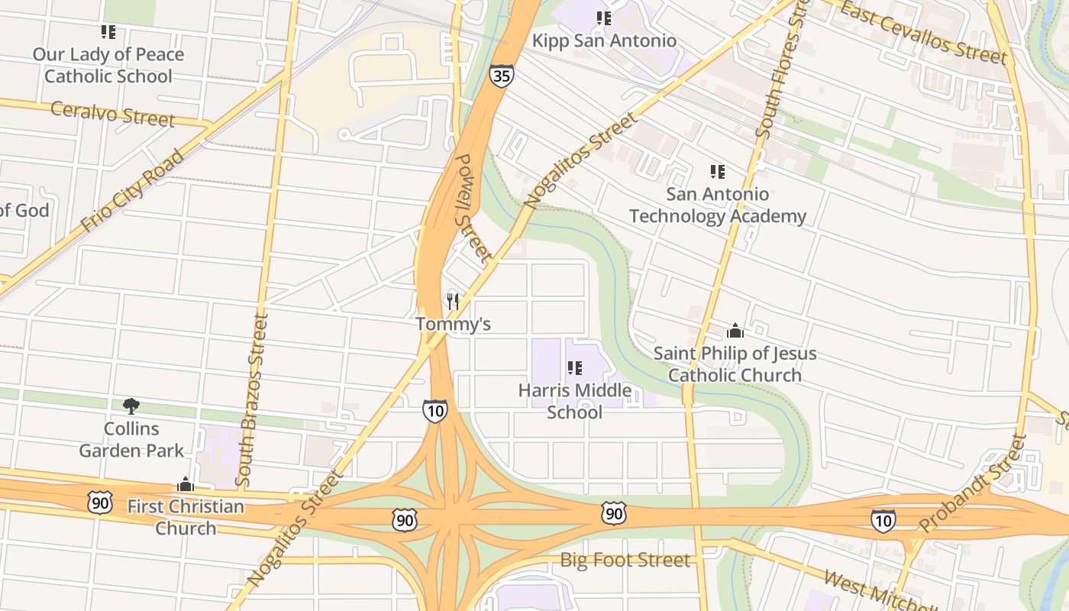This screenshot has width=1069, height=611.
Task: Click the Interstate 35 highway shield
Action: pos(502,75)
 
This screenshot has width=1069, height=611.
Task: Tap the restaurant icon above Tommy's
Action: pos(453,302)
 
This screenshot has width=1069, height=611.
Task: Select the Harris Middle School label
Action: pos(575,401)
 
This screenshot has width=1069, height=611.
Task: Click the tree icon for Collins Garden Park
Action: pos(131,406)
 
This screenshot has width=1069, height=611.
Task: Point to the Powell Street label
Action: pos(470,206)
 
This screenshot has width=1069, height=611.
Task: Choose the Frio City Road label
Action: pos(133,191)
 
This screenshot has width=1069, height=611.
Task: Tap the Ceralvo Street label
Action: pos(112,114)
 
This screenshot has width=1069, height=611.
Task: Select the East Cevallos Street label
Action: pos(923,33)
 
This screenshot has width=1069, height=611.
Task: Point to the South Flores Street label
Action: pos(779,73)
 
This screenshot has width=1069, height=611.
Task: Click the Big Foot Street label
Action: pos(625,560)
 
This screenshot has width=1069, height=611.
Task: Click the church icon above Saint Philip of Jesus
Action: pos(735,331)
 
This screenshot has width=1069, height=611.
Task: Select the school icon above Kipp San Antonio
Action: pos(604,18)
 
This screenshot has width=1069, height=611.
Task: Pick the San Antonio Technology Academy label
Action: pos(717,205)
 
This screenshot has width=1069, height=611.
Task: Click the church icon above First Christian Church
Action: pos(186,484)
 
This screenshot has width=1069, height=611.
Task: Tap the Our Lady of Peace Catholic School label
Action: pos(108,65)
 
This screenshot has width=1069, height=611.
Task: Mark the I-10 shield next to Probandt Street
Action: pos(883,520)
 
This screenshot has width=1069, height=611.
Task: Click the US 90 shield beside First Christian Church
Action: pos(99,502)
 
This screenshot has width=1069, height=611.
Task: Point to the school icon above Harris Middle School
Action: pos(575,368)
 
